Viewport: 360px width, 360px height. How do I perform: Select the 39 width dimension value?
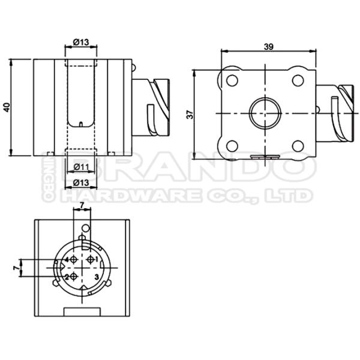point(268,45)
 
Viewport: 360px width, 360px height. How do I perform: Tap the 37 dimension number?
point(190,113)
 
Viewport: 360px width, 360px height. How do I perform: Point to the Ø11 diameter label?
point(81,166)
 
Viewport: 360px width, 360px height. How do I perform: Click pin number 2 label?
point(67,277)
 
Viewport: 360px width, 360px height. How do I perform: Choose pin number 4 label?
point(67,259)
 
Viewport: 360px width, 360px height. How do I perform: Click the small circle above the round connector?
point(85,229)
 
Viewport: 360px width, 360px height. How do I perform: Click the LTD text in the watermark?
point(293,196)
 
